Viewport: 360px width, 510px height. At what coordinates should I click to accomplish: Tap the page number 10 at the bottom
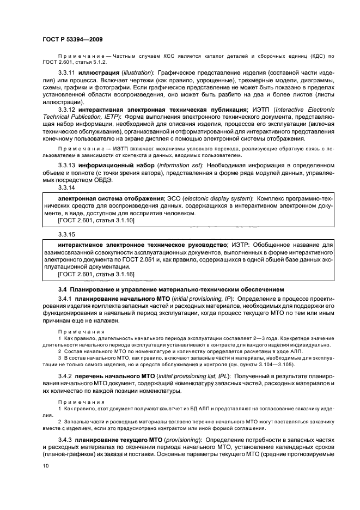[x=45, y=466]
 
